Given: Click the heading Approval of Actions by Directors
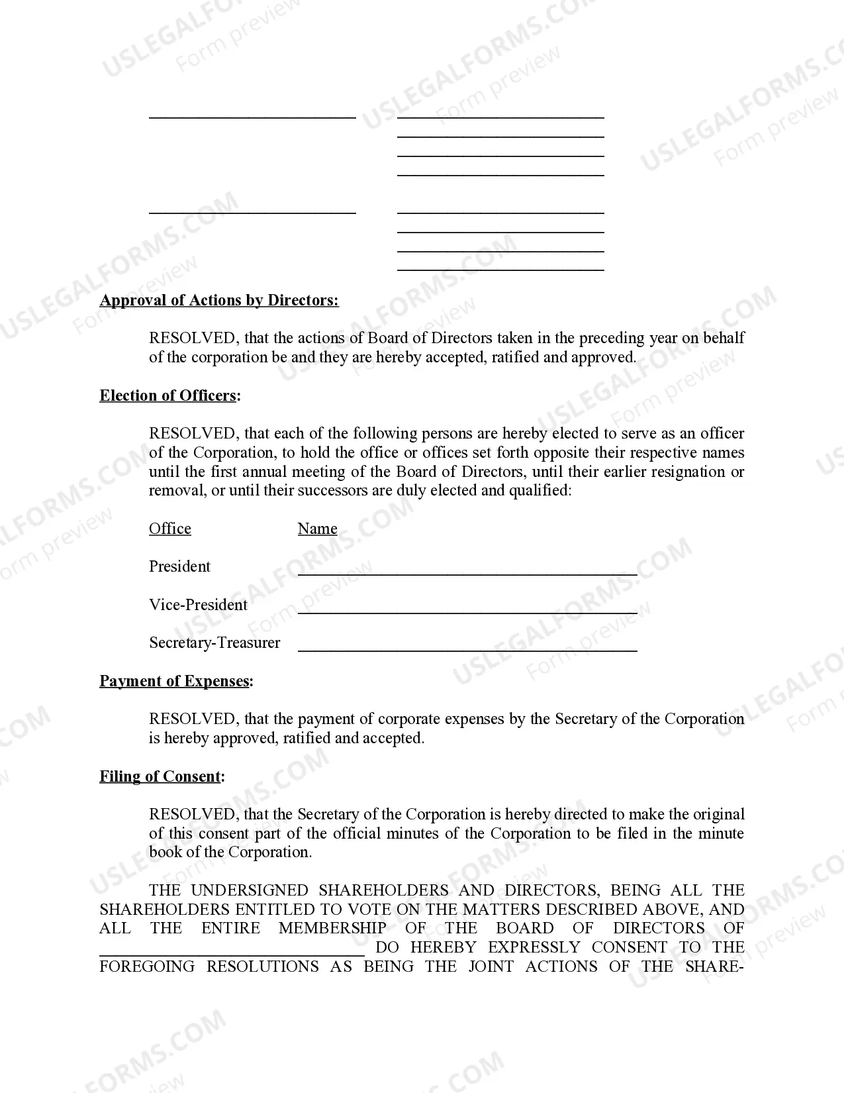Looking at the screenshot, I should point(219,301).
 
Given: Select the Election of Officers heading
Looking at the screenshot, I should point(170,396).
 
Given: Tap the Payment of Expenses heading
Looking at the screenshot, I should point(176,682).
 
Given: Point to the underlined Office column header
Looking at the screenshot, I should point(170,529).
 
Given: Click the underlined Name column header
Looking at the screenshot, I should point(317,529).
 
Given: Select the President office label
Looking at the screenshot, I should point(179,567).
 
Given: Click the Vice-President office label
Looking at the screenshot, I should point(198,605).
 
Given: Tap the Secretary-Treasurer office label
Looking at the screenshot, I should point(214,643).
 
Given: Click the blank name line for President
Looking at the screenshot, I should point(467,572).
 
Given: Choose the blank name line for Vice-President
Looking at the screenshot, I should point(467,611).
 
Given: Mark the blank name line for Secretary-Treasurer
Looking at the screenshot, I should point(467,649).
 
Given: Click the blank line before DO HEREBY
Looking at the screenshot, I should point(232,953).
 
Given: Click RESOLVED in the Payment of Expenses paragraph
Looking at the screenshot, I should point(192,719).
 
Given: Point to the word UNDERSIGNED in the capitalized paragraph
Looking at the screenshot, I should point(250,890).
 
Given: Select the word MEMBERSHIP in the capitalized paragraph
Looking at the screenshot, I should point(332,928).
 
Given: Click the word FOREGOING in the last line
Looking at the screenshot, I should point(147,966).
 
